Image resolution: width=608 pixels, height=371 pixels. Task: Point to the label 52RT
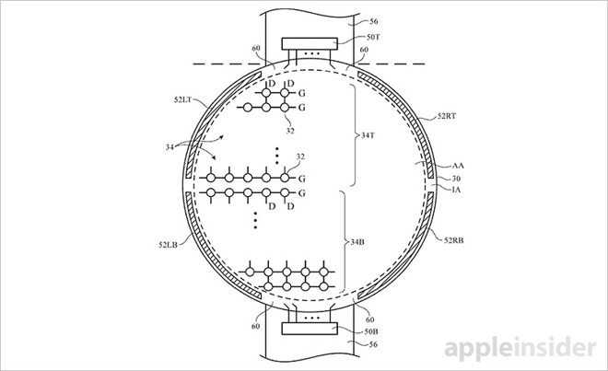tap(448, 117)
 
